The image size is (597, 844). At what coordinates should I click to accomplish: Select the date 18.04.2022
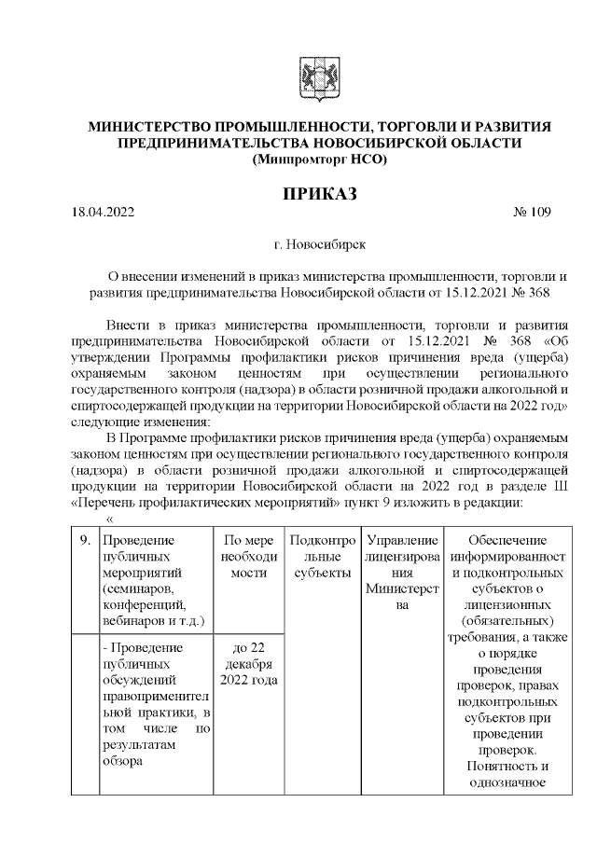(x=104, y=212)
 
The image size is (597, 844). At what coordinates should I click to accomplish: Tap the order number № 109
(x=531, y=212)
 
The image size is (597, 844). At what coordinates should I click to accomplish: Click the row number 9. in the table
(x=84, y=540)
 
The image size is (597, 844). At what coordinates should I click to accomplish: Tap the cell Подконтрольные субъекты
(x=321, y=555)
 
